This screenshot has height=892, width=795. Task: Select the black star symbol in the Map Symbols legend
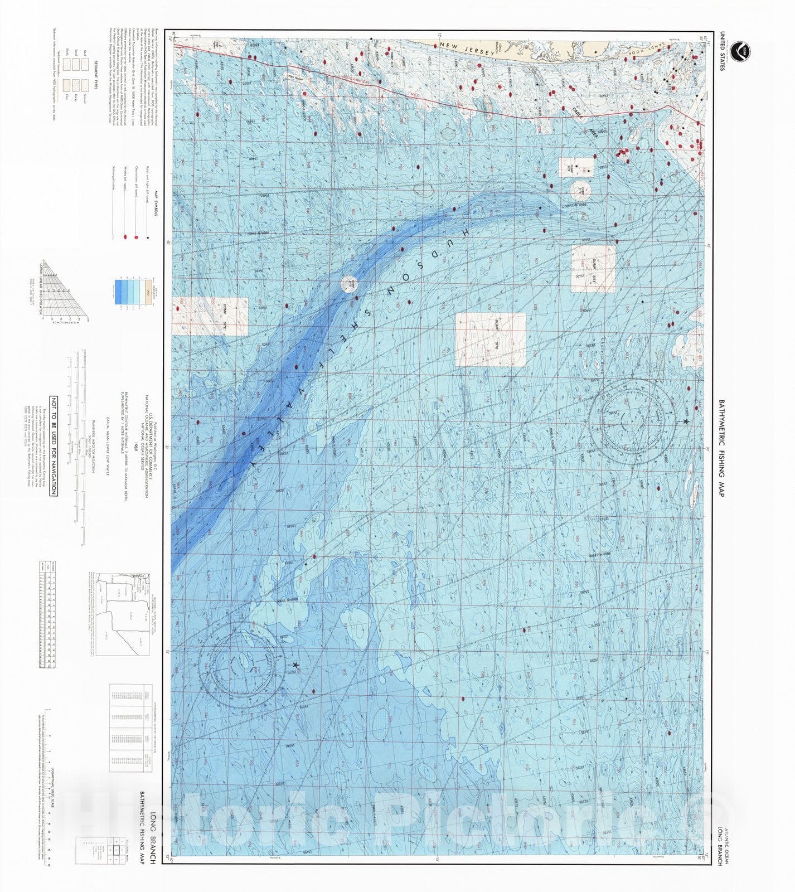click(148, 238)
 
